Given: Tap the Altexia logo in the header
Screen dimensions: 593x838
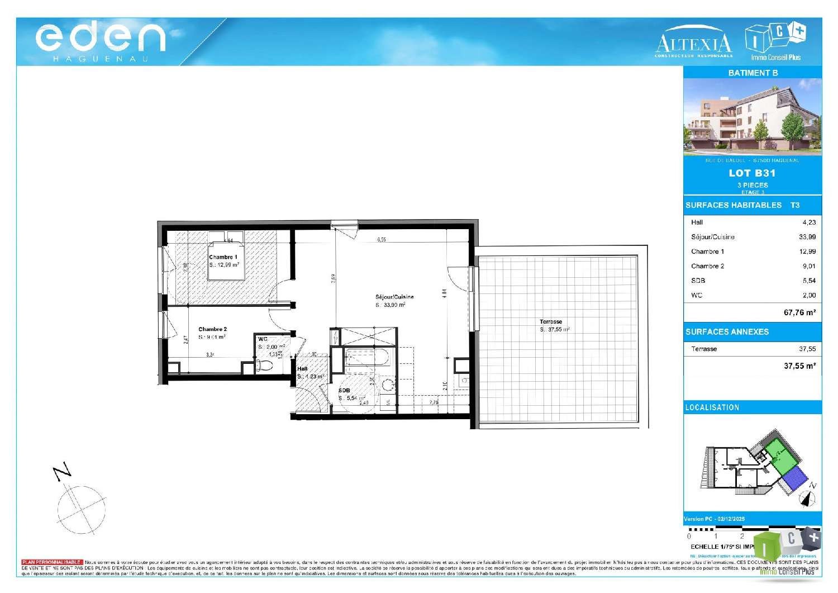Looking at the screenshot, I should [693, 42].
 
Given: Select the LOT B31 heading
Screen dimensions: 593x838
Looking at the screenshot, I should [752, 173].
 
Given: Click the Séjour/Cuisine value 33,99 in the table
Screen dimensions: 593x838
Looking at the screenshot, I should [807, 237].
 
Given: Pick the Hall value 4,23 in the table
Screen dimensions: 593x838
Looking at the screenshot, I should [808, 222].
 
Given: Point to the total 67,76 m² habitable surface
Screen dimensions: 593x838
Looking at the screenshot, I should [799, 312].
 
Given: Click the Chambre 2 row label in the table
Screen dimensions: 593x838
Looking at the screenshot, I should [707, 266].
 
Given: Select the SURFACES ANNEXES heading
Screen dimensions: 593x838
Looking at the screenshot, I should [727, 332].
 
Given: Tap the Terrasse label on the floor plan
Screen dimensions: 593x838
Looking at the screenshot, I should [551, 322].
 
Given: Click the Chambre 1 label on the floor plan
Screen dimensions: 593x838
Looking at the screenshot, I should [223, 257].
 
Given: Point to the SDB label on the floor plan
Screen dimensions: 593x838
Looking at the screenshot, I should [344, 391].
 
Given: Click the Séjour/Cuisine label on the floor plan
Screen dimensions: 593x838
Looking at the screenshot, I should [394, 297].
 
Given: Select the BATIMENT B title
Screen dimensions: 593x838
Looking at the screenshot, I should [753, 73].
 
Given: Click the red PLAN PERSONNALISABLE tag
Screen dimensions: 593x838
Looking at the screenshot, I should [52, 562].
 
